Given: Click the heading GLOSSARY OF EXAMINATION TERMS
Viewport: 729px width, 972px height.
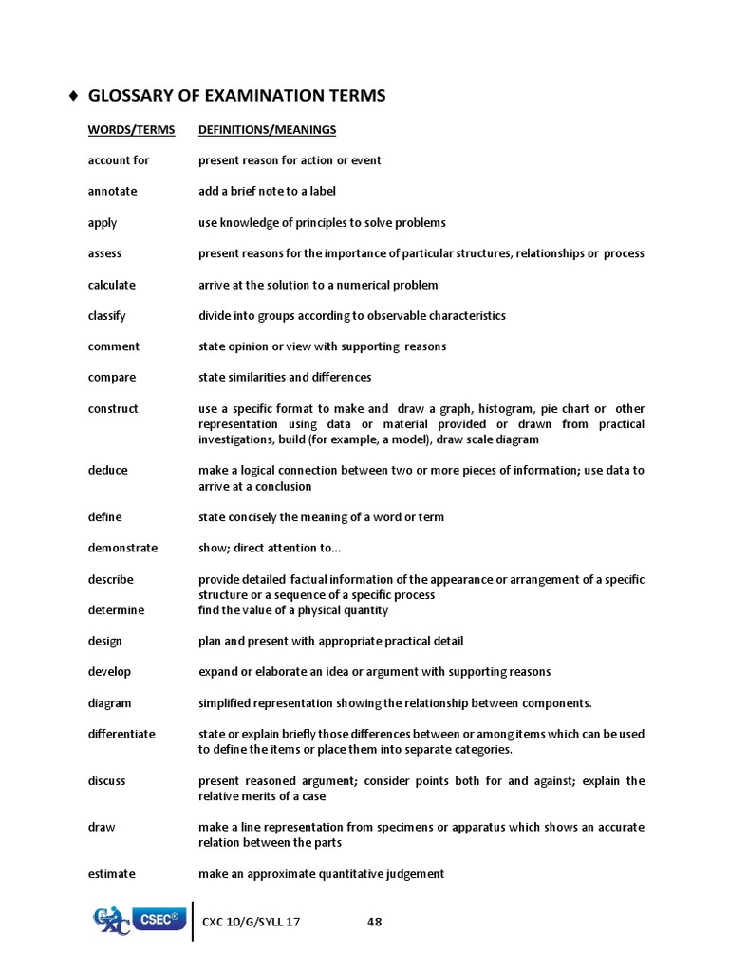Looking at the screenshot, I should click(236, 96).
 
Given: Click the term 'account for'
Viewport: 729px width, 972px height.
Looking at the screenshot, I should click(119, 160).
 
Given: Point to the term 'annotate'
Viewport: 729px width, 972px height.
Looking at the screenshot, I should click(112, 191).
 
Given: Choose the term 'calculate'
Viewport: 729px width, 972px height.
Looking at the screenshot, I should click(112, 285).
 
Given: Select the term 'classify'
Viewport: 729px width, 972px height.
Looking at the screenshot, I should click(107, 315).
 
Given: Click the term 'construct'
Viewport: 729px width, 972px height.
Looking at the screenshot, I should click(113, 408).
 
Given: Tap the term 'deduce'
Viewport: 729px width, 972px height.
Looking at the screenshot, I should click(108, 470).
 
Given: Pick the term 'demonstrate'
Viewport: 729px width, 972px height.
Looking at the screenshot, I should click(122, 548).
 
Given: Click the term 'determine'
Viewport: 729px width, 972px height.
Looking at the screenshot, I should click(117, 609).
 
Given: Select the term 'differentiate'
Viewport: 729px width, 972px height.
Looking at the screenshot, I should click(121, 734).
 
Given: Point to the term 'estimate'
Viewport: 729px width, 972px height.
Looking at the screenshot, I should click(112, 873).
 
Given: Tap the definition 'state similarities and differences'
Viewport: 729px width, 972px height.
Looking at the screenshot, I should click(285, 377).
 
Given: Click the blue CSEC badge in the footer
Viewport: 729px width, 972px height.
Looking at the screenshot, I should click(158, 919).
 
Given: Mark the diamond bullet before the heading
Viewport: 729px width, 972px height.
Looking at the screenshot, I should click(74, 96).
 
